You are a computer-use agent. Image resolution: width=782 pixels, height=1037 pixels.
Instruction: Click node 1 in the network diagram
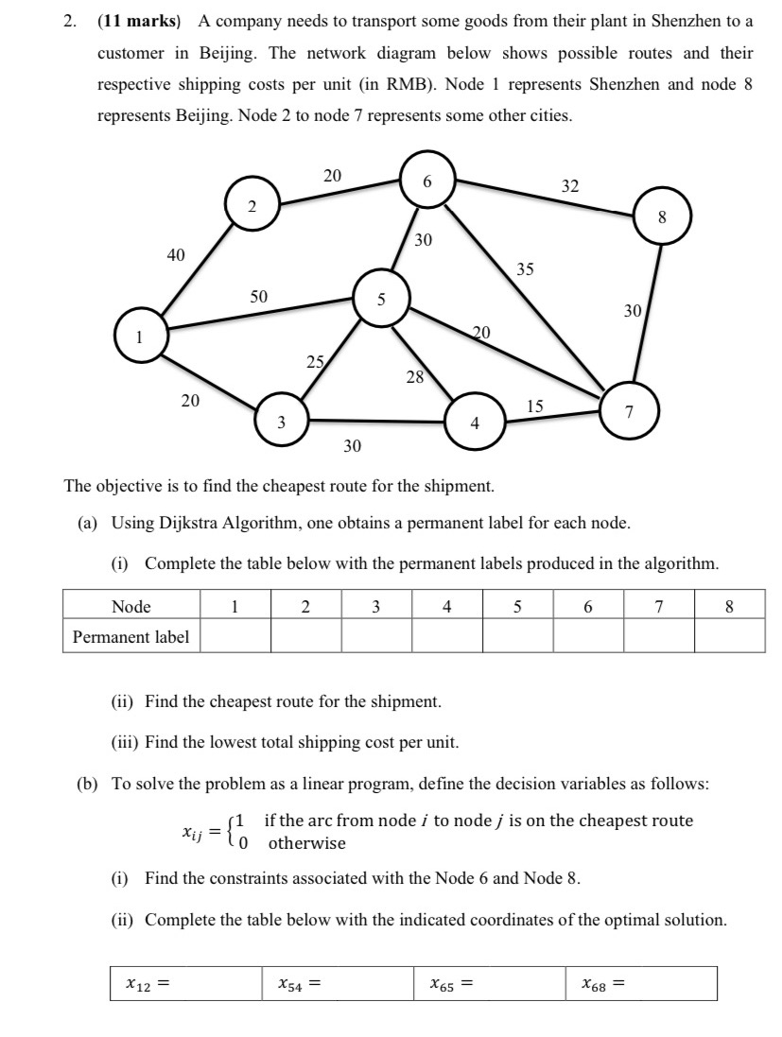click(140, 336)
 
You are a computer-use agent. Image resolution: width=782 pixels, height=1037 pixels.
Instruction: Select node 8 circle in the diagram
click(662, 216)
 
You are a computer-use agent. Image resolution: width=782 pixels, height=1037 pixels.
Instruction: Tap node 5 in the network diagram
click(381, 299)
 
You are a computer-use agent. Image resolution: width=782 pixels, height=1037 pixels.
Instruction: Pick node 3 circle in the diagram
click(282, 423)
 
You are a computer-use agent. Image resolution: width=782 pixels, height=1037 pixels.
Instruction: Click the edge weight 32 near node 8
click(569, 186)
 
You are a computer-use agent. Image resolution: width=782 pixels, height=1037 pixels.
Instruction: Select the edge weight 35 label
click(525, 269)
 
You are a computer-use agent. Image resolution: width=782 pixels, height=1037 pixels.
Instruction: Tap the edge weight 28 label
click(414, 378)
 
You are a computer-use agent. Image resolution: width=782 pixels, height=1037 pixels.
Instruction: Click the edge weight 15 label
click(535, 406)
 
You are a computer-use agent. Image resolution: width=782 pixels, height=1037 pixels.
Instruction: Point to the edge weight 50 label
click(258, 296)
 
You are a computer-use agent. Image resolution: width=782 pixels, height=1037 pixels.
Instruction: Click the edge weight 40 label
click(176, 254)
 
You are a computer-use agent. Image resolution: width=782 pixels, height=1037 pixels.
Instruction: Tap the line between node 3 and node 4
click(378, 421)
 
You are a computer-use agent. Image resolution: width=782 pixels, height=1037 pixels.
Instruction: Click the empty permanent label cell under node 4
click(446, 636)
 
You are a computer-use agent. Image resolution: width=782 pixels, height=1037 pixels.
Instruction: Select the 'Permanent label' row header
click(131, 636)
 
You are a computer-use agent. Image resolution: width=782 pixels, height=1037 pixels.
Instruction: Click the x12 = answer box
click(185, 983)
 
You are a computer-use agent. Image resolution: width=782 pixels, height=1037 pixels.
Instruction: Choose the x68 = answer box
click(640, 983)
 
